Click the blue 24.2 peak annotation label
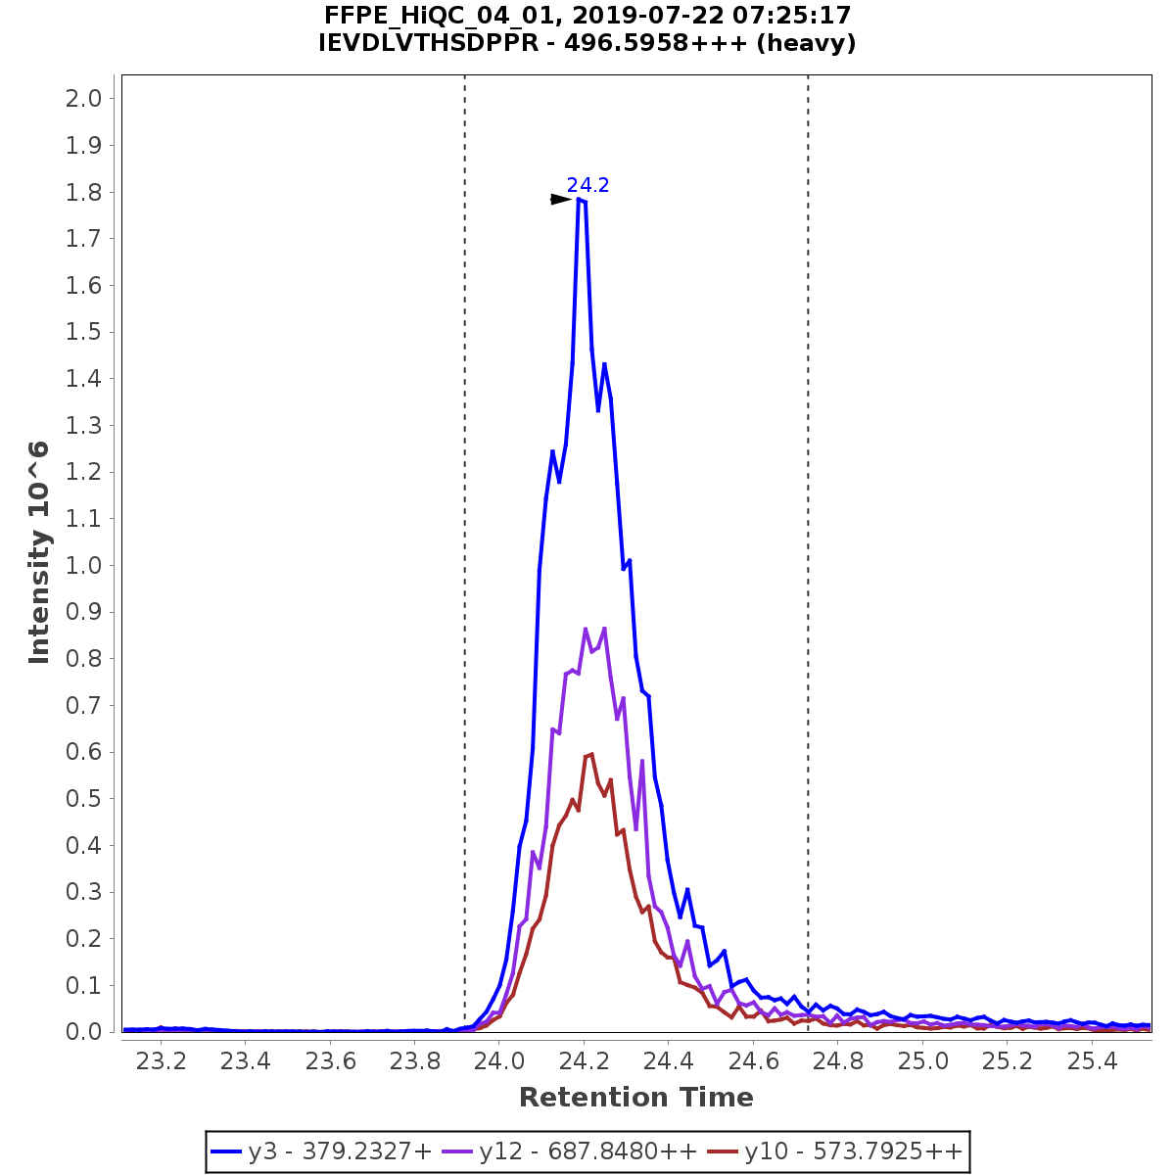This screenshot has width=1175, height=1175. point(587,186)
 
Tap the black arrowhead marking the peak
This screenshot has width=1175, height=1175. point(560,200)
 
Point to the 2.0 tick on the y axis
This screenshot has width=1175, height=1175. point(83,99)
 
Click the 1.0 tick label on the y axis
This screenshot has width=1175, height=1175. point(83,566)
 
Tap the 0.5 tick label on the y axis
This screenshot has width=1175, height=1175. point(83,799)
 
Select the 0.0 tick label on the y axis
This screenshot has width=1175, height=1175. point(83,1032)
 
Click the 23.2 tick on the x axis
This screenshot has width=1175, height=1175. point(161,1060)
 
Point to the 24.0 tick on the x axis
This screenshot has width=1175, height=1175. point(499,1060)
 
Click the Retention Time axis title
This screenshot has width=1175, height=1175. point(635,1098)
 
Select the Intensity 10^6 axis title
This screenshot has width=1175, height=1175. point(39,552)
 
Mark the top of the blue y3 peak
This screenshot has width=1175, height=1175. point(580,200)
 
